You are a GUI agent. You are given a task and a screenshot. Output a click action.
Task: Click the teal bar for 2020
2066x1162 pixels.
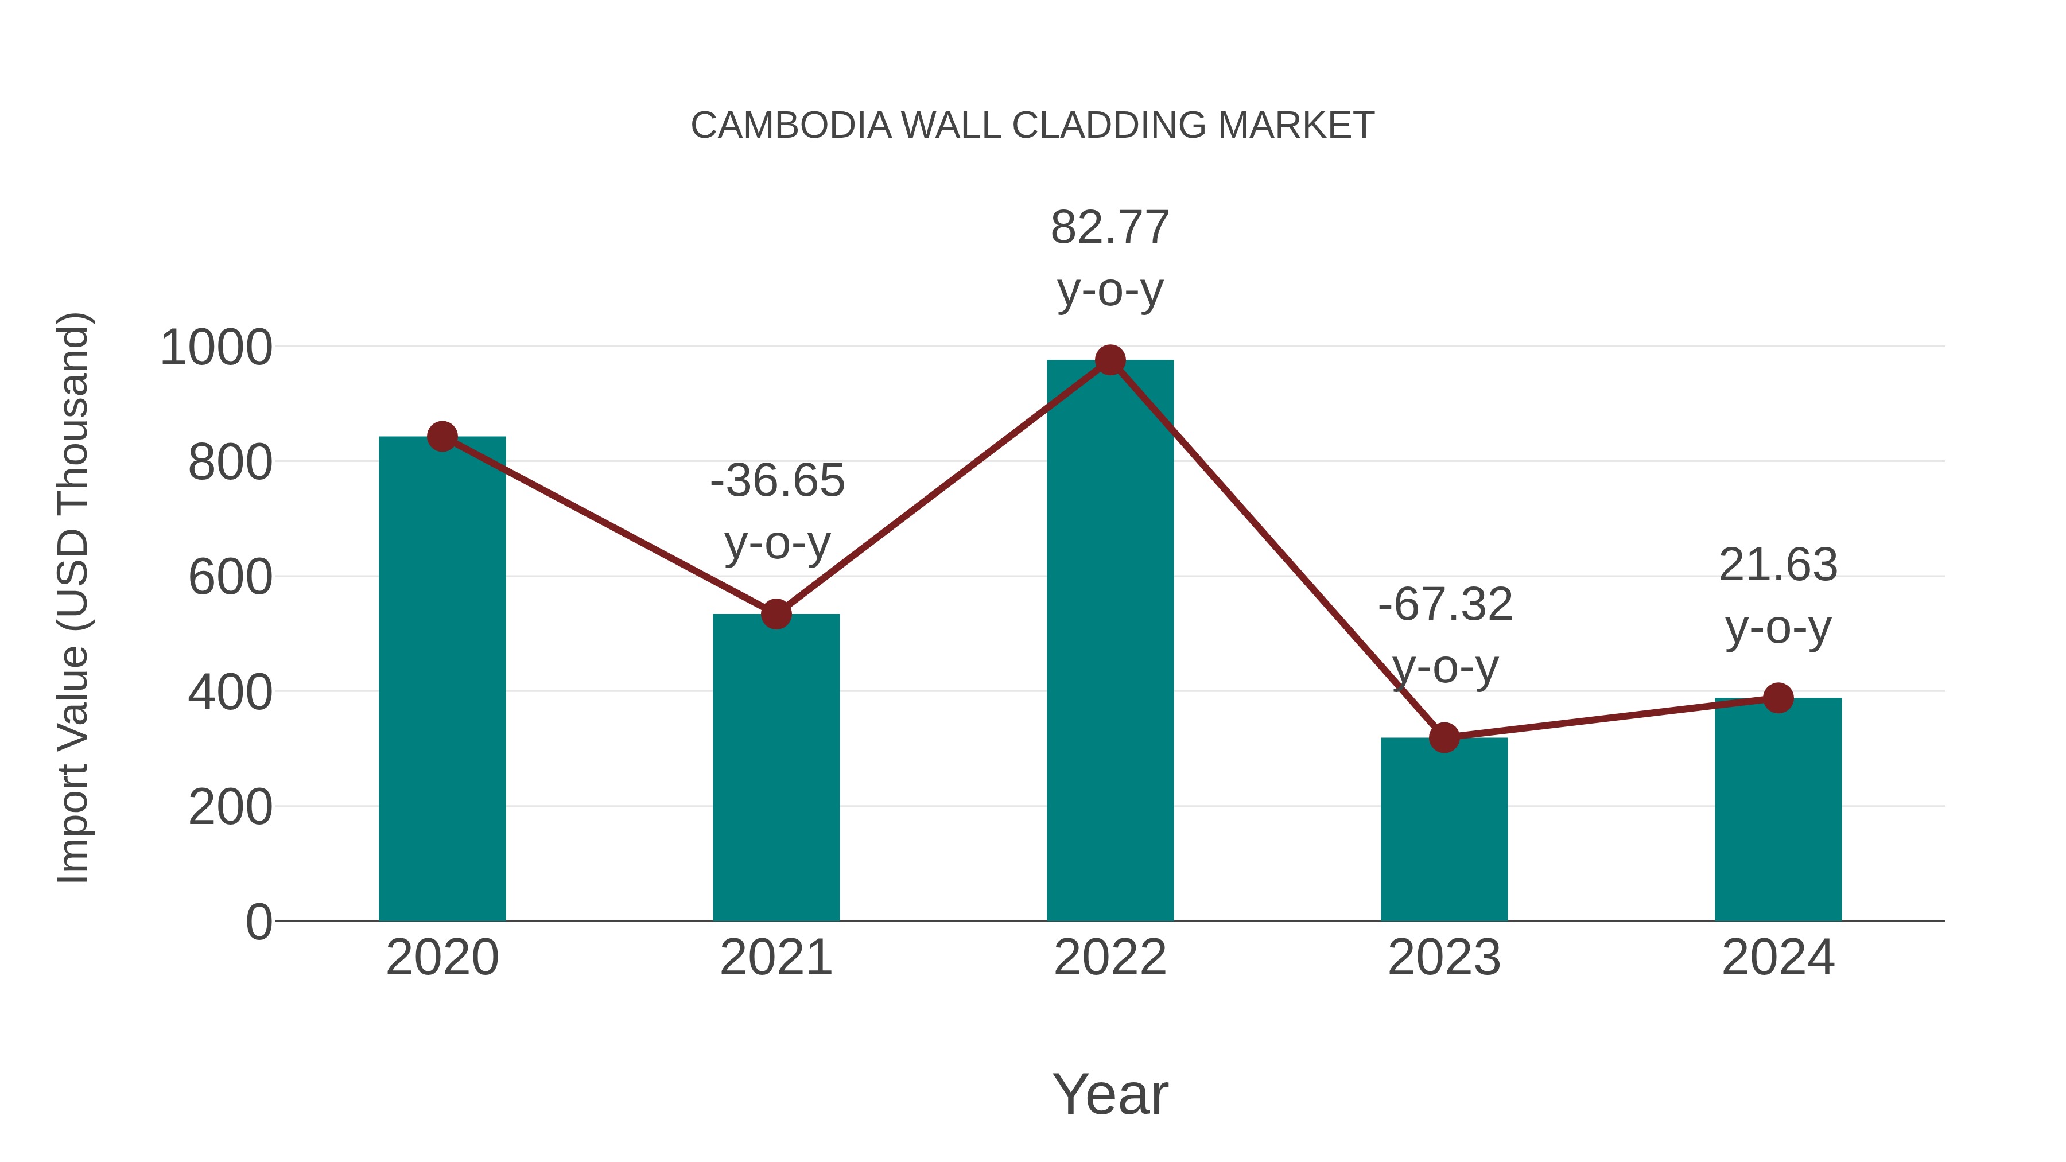coord(442,682)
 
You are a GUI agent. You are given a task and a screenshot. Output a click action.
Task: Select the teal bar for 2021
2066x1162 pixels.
coord(775,770)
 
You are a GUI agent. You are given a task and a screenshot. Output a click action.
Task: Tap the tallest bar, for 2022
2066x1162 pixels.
coord(1110,642)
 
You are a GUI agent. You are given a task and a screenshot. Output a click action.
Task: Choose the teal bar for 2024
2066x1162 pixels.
coord(1778,810)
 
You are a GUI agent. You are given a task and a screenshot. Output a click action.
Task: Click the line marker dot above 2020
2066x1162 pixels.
coord(442,437)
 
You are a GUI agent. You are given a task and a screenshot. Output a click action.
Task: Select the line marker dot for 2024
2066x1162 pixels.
coord(1778,698)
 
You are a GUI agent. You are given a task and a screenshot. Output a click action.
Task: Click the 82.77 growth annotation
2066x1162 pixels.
coord(1110,228)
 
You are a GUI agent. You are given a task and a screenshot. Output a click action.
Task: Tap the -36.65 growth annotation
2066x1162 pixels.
coord(777,481)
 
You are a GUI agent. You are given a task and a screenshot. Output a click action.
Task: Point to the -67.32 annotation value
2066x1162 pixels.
coord(1445,605)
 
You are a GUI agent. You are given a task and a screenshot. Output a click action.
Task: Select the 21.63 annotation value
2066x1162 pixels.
coord(1778,565)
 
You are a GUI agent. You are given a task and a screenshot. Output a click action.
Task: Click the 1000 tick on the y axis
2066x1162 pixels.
coord(216,348)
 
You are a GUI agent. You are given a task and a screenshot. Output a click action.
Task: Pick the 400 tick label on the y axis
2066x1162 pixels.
coord(230,693)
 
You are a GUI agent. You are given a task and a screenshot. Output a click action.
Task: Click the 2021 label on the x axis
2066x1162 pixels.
coord(775,958)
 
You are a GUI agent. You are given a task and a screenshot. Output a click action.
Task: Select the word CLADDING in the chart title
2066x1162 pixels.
coord(1108,126)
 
